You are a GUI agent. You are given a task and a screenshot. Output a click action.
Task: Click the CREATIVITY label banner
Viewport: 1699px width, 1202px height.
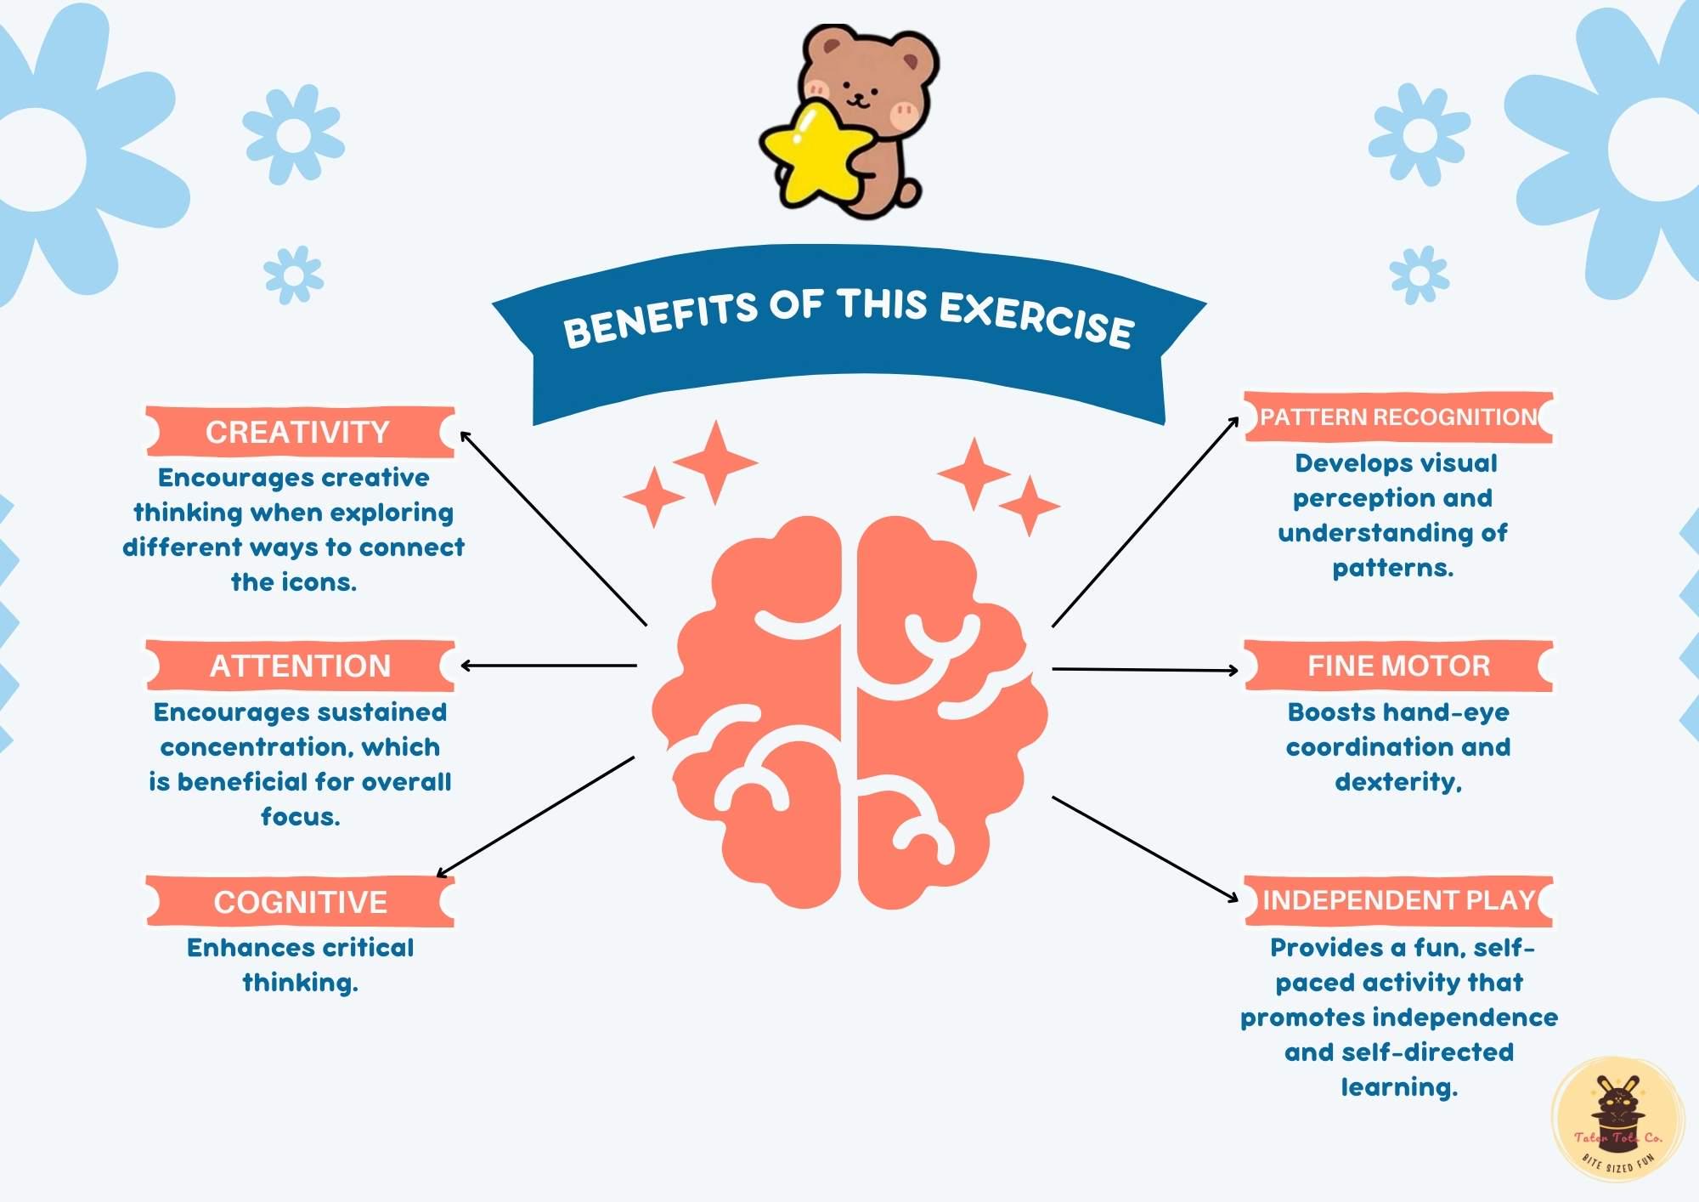click(x=299, y=433)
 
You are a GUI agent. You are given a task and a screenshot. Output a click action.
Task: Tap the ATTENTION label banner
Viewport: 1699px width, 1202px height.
click(x=300, y=666)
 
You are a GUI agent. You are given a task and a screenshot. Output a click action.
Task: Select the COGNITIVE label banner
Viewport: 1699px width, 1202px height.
click(x=300, y=902)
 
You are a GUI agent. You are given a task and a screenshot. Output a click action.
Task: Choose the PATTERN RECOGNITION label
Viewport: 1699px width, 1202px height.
click(x=1398, y=417)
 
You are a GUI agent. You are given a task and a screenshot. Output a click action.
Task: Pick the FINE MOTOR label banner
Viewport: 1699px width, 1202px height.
click(x=1398, y=666)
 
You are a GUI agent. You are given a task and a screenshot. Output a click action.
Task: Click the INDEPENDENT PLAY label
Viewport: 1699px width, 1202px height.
click(x=1398, y=900)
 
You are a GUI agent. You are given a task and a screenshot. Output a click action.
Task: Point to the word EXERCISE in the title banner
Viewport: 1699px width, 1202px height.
click(x=1036, y=319)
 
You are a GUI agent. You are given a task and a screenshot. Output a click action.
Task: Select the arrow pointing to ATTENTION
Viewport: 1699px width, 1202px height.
click(x=548, y=666)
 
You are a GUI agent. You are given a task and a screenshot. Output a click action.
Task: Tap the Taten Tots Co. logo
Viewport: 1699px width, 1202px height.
click(x=1617, y=1120)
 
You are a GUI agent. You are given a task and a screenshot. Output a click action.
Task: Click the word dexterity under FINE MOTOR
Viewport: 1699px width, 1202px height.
click(x=1397, y=782)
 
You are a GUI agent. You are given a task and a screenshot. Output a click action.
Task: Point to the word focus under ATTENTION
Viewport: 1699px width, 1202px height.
click(x=299, y=817)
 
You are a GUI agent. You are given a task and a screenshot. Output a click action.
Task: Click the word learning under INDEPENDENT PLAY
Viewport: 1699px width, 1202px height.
click(x=1398, y=1087)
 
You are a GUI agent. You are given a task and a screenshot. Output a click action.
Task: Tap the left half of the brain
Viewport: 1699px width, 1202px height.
click(x=756, y=714)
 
